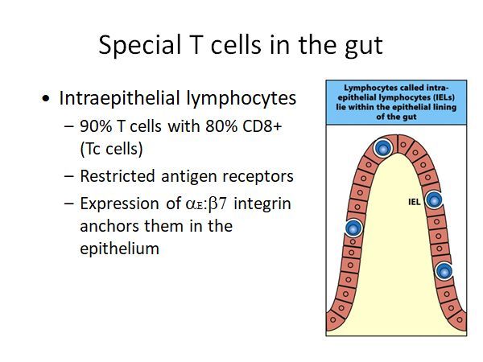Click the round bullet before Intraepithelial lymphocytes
(47, 100)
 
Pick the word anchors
(108, 226)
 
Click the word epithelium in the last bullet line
(119, 249)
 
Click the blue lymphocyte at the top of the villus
(383, 148)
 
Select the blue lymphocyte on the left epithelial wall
(353, 228)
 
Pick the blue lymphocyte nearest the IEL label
(435, 201)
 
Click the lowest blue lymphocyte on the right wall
(444, 271)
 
